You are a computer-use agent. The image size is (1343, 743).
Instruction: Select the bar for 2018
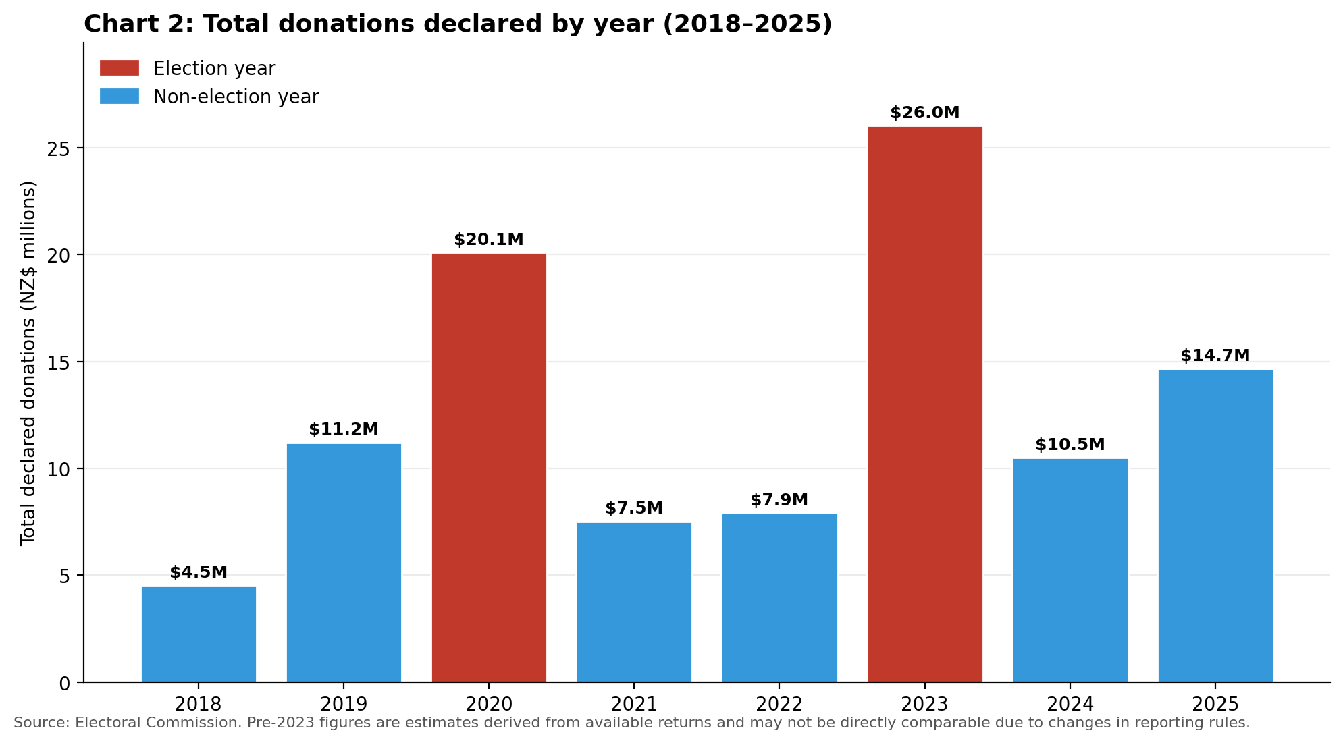(199, 634)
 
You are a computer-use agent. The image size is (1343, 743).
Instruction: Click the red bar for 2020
(489, 468)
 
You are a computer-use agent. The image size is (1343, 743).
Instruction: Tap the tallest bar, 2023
(925, 404)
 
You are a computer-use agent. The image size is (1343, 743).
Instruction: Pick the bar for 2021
(634, 603)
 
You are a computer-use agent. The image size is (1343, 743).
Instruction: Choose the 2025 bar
(1215, 526)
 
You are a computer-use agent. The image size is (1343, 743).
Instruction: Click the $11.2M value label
(344, 429)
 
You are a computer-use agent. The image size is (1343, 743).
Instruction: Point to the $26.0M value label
(925, 113)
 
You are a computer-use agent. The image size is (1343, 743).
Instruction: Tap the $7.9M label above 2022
(779, 500)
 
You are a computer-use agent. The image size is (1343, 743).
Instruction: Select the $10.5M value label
(1070, 445)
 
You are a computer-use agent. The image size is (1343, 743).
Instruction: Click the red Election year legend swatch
(120, 68)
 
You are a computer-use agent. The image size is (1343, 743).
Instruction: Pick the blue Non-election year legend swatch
(120, 97)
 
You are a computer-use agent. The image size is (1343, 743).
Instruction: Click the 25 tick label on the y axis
(59, 148)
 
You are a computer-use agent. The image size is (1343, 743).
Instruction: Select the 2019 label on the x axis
(344, 705)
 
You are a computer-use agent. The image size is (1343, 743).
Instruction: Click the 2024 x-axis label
(1070, 705)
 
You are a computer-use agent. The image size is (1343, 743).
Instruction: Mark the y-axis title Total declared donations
(28, 362)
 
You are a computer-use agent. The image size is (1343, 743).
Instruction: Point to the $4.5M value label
(199, 572)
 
